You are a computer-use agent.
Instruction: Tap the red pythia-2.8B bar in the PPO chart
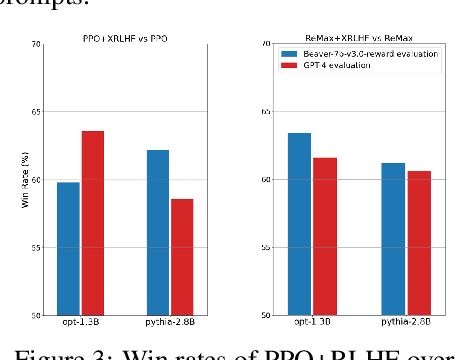[182, 256]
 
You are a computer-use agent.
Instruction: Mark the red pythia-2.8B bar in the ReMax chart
[419, 242]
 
